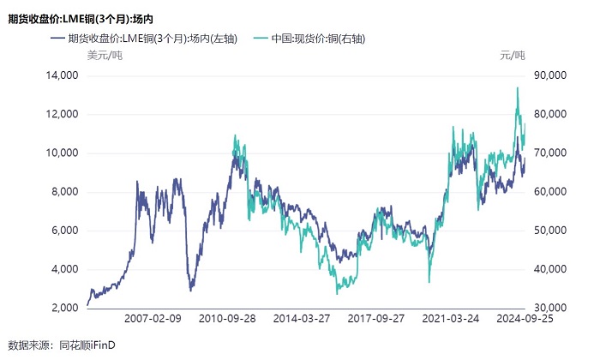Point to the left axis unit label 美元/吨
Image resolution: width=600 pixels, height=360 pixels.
[105, 56]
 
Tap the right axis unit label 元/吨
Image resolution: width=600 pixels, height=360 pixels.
[512, 56]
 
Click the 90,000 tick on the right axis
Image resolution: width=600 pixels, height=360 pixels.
[548, 75]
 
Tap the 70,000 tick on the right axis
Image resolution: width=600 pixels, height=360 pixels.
[548, 153]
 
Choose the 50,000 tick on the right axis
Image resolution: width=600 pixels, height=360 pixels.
[548, 231]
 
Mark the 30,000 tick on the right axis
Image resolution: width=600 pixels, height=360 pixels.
[548, 308]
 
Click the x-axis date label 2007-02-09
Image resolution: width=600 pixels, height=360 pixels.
[153, 318]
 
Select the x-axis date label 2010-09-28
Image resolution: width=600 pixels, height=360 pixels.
[227, 318]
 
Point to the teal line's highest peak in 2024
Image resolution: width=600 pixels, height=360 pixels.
[517, 87]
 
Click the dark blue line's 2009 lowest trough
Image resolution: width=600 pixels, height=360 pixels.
[190, 291]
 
